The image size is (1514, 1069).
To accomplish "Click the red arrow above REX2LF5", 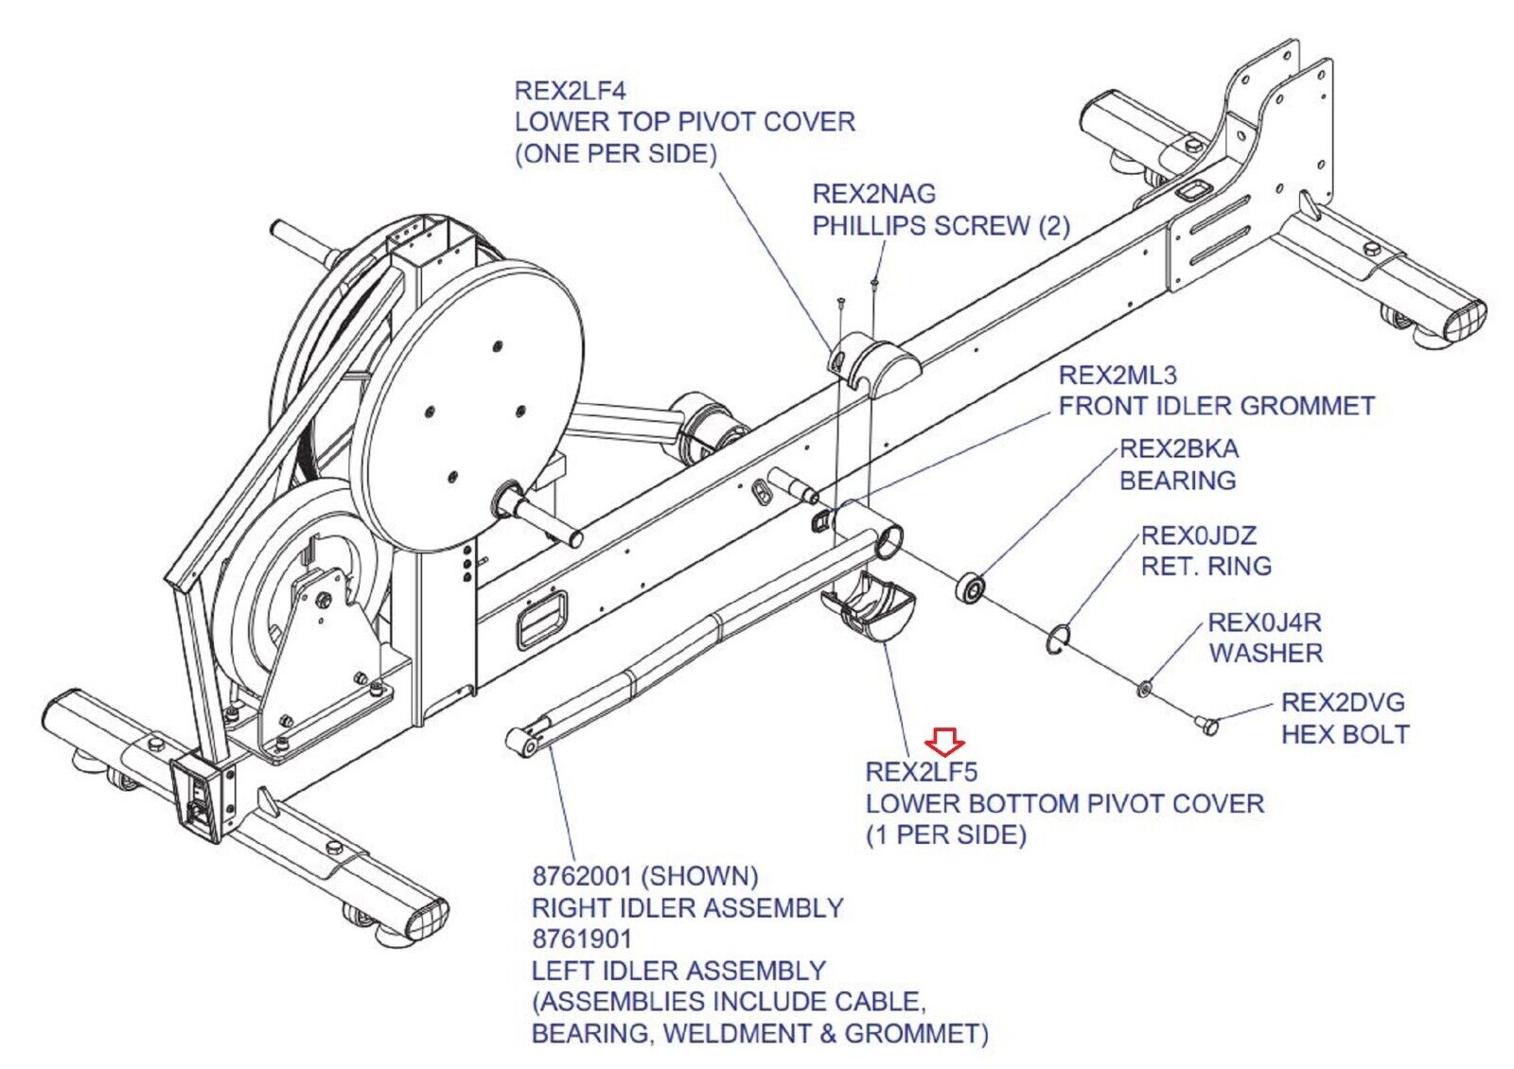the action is [x=945, y=742].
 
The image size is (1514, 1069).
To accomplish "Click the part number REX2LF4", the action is [x=571, y=91].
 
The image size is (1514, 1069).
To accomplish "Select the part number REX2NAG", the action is [x=874, y=194].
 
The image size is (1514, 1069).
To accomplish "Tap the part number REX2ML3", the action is [x=1118, y=375].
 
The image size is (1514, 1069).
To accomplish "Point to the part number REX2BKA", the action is [x=1179, y=448].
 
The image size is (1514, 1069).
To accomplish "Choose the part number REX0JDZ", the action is [x=1199, y=535].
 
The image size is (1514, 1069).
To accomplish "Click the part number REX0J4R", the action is [x=1264, y=622].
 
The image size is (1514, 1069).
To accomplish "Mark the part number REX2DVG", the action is [x=1343, y=703].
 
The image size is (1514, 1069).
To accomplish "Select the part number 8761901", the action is [x=582, y=938].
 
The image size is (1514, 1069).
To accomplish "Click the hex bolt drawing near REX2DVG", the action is [x=1206, y=725].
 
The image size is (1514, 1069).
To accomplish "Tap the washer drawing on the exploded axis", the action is [x=1144, y=690].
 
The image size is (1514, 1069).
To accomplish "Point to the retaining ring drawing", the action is [x=1057, y=639].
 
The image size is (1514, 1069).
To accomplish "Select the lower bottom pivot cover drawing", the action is [x=868, y=605].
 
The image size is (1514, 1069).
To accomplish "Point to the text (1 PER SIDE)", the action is [x=946, y=834].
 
